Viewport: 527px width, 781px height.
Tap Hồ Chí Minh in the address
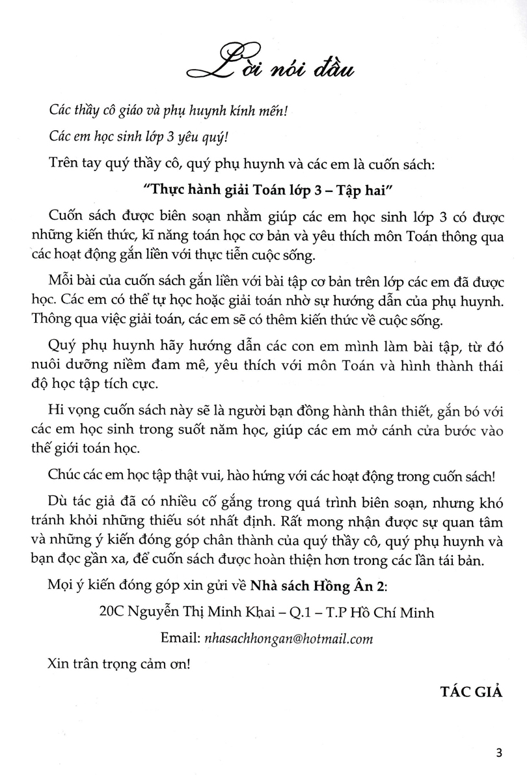[x=392, y=613]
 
